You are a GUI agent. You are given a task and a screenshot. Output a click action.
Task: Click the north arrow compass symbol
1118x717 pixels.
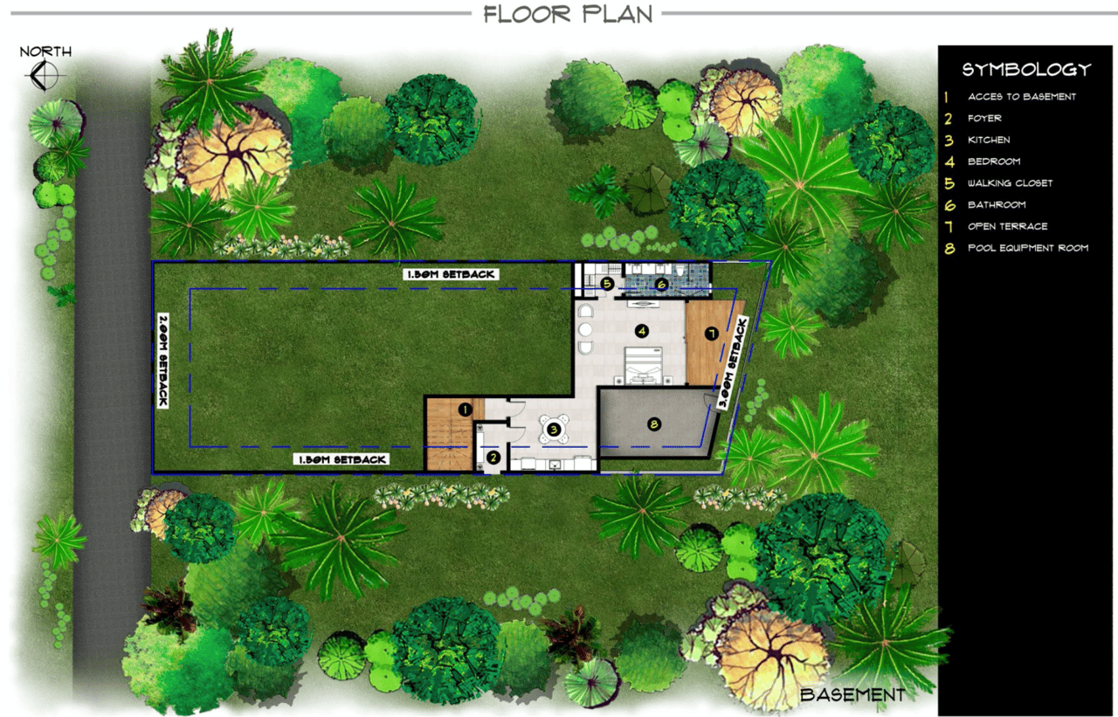(x=45, y=76)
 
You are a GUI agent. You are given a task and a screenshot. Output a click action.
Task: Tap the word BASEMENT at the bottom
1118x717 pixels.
(x=852, y=695)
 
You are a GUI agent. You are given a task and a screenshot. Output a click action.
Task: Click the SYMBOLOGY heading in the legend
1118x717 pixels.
(x=1026, y=69)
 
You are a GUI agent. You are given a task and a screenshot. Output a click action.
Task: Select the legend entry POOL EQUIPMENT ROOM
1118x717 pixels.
(x=1028, y=248)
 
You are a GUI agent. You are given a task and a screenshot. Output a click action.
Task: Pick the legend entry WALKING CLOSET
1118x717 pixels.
(x=1010, y=183)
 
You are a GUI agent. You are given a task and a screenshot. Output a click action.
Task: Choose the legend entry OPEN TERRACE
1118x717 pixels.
(x=1007, y=226)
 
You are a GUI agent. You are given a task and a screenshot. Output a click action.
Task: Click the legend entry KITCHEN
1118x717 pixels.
(x=989, y=141)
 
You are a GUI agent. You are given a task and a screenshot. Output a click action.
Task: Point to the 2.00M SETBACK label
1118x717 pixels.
(x=163, y=360)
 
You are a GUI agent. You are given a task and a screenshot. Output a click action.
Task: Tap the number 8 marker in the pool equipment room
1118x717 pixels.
(x=654, y=424)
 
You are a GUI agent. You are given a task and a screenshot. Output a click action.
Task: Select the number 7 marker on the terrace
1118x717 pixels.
(x=711, y=334)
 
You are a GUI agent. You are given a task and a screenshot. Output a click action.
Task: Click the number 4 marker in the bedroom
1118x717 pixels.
(x=642, y=330)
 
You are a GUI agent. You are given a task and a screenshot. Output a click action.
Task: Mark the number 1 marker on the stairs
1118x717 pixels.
(x=466, y=410)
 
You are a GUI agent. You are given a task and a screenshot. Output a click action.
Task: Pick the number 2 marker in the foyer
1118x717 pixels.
(x=493, y=457)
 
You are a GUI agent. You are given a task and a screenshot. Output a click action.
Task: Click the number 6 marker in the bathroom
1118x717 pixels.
(x=662, y=285)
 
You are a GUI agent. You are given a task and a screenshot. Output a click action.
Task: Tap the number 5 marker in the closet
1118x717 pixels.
(x=607, y=284)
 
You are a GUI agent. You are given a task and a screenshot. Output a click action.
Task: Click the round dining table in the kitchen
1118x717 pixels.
(x=554, y=429)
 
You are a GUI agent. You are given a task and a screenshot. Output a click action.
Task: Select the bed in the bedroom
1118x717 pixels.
(x=644, y=366)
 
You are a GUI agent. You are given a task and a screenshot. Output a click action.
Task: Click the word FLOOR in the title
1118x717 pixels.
(x=527, y=14)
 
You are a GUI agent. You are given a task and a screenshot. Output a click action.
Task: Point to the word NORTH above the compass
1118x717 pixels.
(x=45, y=52)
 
